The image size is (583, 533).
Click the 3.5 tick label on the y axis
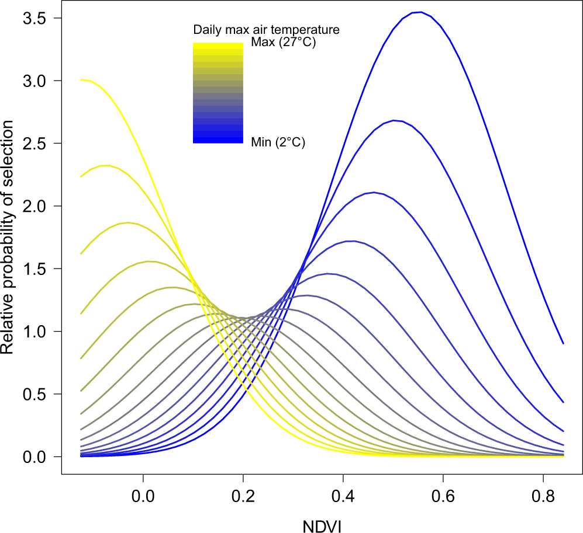pos(35,18)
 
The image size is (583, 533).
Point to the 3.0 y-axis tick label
pos(35,81)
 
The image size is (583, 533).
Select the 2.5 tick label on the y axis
pos(35,144)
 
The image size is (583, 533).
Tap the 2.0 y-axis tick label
pos(35,206)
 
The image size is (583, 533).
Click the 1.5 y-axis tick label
pos(35,269)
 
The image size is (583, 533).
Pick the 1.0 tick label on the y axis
pos(35,332)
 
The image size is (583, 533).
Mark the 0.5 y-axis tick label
pos(35,394)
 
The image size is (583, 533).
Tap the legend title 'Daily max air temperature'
pos(267,29)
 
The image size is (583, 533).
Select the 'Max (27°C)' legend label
pos(283,43)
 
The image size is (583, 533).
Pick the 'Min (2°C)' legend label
pos(278,141)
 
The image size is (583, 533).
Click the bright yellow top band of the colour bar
pos(218,46)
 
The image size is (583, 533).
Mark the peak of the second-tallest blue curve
pos(395,120)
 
